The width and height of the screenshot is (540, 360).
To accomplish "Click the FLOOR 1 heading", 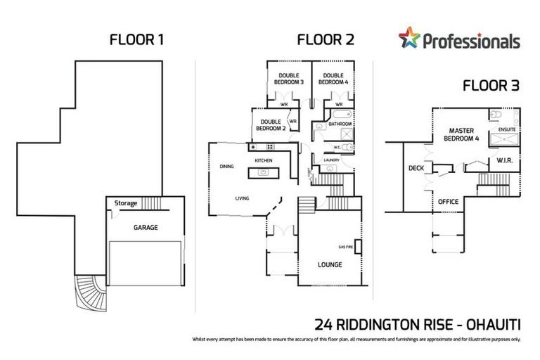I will point(136,39).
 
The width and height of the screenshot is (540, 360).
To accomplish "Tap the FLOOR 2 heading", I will point(325,39).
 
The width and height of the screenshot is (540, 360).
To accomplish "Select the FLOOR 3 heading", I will point(491,86).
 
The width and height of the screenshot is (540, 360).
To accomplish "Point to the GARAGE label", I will point(146,228).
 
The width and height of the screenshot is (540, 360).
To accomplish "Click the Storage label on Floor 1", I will point(126,204).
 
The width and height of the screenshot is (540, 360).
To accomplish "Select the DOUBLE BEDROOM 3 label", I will point(288,79).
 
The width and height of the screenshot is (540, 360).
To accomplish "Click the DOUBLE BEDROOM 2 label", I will point(271,125).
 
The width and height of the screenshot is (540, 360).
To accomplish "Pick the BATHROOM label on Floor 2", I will point(340,124).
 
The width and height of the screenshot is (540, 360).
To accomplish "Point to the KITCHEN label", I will point(263,161).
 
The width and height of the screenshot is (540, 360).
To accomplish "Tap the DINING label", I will point(226,167).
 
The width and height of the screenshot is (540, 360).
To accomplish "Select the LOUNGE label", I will point(329,265).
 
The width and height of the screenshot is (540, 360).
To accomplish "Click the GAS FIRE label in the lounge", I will point(345,247).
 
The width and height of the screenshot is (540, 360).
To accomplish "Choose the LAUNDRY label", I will point(332,160).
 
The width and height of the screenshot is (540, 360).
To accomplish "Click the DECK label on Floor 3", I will point(416,168).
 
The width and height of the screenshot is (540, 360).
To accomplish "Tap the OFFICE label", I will point(448,202).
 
